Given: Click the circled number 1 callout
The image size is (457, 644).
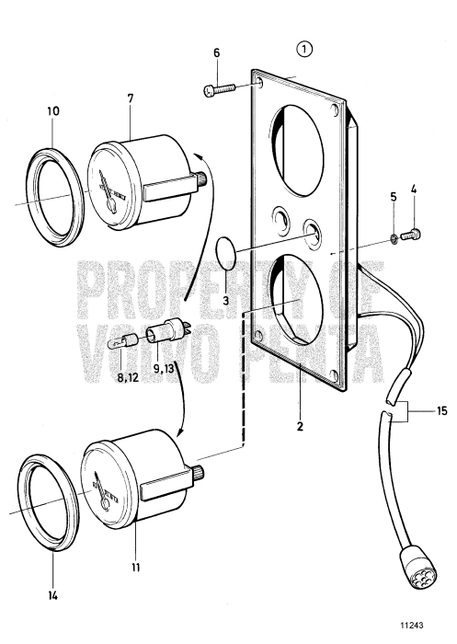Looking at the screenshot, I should pos(303,48).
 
